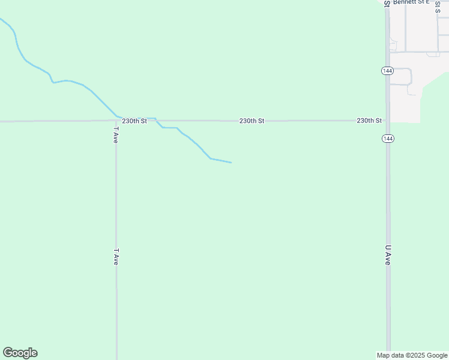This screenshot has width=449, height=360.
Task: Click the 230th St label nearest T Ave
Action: (134, 121)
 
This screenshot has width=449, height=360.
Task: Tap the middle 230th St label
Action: (252, 121)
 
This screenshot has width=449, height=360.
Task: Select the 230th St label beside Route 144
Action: (369, 121)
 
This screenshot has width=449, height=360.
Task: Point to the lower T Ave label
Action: (116, 257)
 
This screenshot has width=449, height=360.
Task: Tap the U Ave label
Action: (388, 255)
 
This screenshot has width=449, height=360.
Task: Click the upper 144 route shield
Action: (387, 71)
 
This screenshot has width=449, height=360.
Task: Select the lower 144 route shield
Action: (387, 139)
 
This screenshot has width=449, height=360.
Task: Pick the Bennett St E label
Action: (412, 2)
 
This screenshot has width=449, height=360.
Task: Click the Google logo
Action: (20, 353)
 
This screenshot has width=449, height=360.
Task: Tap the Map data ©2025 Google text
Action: (412, 355)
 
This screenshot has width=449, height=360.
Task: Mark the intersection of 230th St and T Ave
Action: (116, 121)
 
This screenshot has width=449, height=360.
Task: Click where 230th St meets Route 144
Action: (388, 121)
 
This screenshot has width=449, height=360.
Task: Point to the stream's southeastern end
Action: (231, 162)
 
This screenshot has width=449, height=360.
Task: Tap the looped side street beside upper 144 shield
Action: (410, 77)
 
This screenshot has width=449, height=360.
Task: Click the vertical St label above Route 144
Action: (387, 3)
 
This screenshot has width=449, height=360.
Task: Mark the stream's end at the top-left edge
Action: (1, 19)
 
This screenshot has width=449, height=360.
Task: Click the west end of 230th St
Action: (2, 121)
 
